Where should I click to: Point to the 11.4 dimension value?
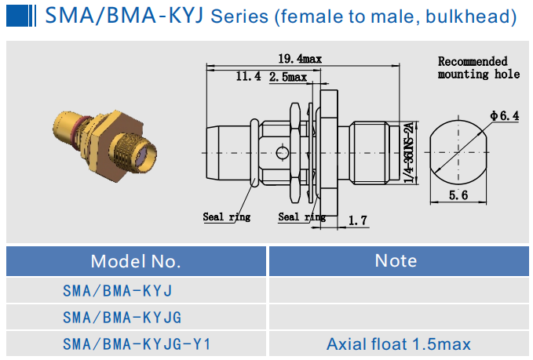click(248, 76)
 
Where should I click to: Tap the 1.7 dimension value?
click(358, 221)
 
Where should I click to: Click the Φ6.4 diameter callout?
click(505, 115)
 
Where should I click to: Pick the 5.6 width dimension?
click(460, 196)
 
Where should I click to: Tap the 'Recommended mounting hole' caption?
click(478, 67)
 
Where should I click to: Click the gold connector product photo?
click(103, 144)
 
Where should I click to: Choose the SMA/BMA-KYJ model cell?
click(117, 291)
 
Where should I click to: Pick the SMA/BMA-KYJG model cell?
click(122, 318)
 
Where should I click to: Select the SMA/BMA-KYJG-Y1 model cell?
click(137, 344)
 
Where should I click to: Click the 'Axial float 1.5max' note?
click(398, 344)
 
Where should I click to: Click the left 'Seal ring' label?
click(227, 217)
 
